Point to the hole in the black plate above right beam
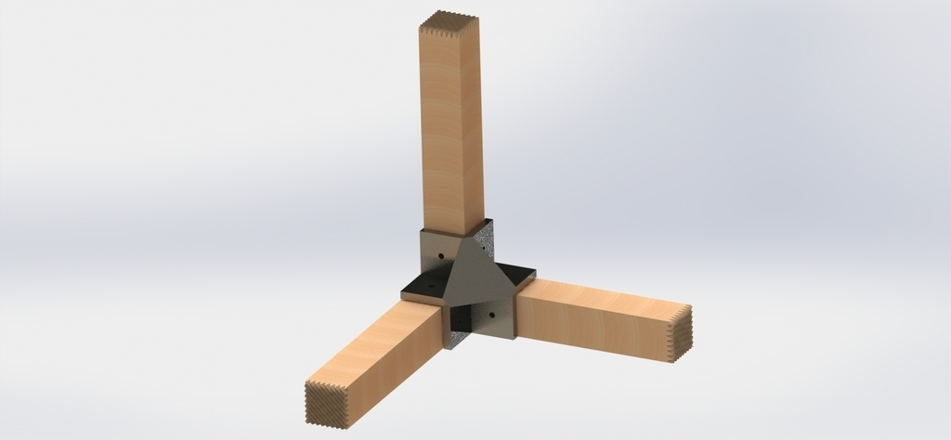pyautogui.click(x=507, y=274)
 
